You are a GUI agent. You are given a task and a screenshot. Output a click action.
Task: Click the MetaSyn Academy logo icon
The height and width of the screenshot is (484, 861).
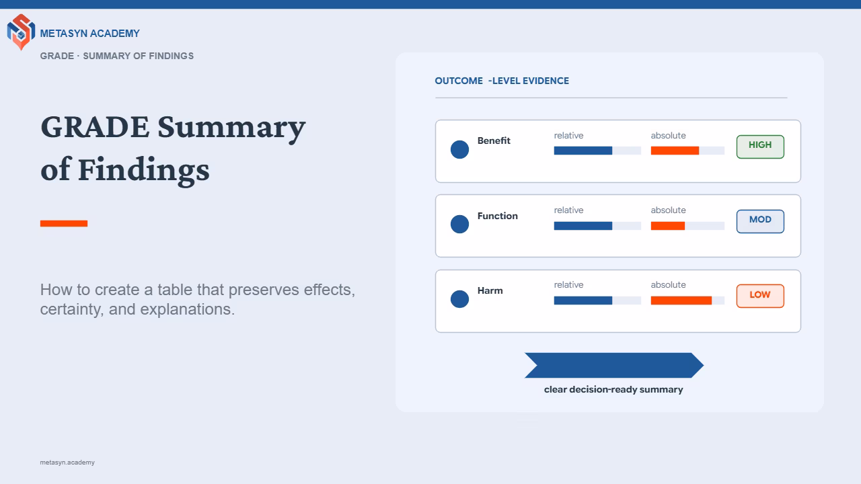(21, 32)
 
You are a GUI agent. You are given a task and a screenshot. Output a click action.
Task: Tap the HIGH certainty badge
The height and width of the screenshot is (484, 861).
(760, 147)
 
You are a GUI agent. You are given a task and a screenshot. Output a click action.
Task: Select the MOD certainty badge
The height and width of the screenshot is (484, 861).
(760, 221)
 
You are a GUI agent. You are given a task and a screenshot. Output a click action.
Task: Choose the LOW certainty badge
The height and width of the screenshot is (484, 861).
(760, 296)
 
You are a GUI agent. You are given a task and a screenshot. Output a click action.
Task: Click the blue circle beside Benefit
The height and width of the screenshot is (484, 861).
(459, 149)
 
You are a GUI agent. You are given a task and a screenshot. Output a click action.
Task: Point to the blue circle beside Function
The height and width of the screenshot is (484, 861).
(459, 224)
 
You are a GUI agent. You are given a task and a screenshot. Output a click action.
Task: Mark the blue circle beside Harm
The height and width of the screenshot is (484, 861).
(459, 299)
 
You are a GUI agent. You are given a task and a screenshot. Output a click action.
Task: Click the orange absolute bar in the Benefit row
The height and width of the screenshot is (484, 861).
(675, 151)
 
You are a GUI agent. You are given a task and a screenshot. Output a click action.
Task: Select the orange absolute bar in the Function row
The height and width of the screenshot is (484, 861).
(668, 226)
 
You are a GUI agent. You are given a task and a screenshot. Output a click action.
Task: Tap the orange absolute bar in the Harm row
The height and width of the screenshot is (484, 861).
(681, 300)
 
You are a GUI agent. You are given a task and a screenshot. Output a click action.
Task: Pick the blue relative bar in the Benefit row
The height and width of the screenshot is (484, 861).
(583, 151)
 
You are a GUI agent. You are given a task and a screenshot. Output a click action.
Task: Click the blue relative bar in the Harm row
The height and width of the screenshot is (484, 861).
(583, 300)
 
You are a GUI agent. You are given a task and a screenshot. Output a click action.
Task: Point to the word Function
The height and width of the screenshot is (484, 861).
(497, 216)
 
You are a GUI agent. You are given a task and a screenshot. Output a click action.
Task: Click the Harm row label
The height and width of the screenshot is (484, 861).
(490, 290)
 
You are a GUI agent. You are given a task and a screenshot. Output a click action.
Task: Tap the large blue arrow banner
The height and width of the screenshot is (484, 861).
(614, 365)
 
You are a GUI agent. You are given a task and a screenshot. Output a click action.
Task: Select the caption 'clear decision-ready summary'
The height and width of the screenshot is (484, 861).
(613, 389)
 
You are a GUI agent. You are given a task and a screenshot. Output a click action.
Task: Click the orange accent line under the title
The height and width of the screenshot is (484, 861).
(64, 224)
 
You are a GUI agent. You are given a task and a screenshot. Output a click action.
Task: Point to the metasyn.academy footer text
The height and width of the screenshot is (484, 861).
(67, 462)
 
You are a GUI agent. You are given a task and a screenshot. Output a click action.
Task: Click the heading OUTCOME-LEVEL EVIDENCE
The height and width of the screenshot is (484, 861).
(502, 81)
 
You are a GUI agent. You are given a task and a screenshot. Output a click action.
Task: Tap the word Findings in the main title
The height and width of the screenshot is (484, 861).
(144, 171)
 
